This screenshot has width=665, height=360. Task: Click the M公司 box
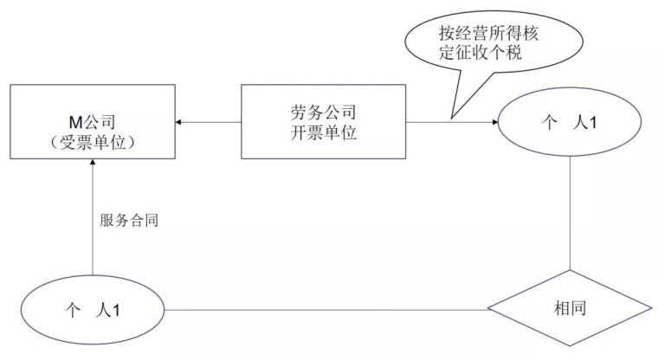click(91, 122)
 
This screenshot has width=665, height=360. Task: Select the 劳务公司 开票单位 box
click(322, 121)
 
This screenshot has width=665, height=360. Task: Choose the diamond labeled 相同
click(569, 309)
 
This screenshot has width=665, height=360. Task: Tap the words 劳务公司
click(322, 112)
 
